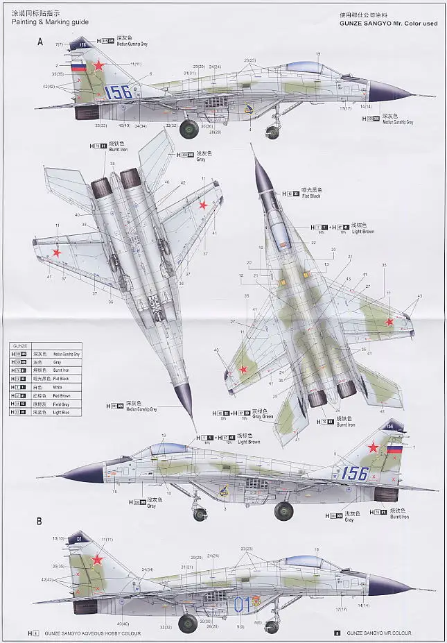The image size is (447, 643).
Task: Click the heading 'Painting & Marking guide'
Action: pyautogui.click(x=49, y=22)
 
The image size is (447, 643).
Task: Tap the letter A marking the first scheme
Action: pyautogui.click(x=40, y=42)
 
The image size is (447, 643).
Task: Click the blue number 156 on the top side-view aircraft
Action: pyautogui.click(x=117, y=92)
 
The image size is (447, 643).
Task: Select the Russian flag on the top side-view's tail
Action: pyautogui.click(x=78, y=68)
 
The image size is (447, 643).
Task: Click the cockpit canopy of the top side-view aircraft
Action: pyautogui.click(x=308, y=68)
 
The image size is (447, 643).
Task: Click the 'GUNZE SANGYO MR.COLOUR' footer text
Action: pyautogui.click(x=378, y=633)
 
